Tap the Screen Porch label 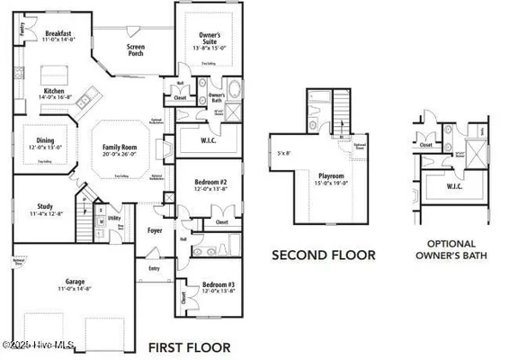pyautogui.click(x=136, y=49)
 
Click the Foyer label pyautogui.click(x=155, y=230)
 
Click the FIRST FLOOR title pyautogui.click(x=190, y=346)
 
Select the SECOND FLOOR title pyautogui.click(x=323, y=255)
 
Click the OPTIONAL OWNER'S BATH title pyautogui.click(x=451, y=248)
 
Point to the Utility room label pyautogui.click(x=115, y=219)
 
